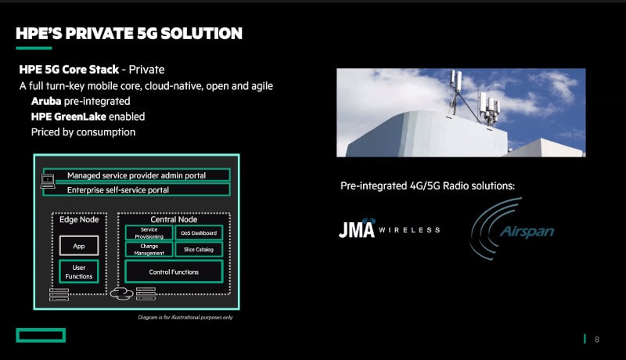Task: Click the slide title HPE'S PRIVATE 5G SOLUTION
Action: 129,34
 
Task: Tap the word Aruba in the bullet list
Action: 46,102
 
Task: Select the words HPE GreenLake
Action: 68,117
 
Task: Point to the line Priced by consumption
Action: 83,132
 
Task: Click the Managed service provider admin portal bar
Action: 136,175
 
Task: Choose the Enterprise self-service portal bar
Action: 136,189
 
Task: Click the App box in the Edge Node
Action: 79,246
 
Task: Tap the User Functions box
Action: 79,272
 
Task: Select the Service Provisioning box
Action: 149,233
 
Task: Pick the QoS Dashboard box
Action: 199,233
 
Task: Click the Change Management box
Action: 149,250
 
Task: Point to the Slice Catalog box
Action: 199,250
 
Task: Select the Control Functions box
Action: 174,272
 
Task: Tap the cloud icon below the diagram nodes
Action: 121,294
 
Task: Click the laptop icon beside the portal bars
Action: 48,182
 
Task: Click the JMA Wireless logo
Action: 389,229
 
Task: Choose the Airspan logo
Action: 513,229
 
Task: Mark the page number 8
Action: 597,339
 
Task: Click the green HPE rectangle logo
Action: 41,335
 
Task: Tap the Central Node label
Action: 174,219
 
